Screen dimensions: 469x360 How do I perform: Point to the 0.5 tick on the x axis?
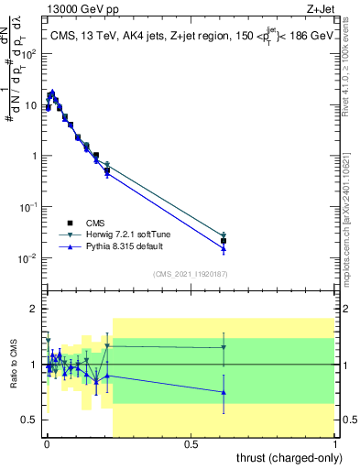191,443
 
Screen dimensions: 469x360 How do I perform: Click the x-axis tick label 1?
334,443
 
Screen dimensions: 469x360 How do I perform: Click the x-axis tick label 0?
47,443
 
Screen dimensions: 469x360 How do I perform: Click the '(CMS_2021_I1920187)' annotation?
190,273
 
